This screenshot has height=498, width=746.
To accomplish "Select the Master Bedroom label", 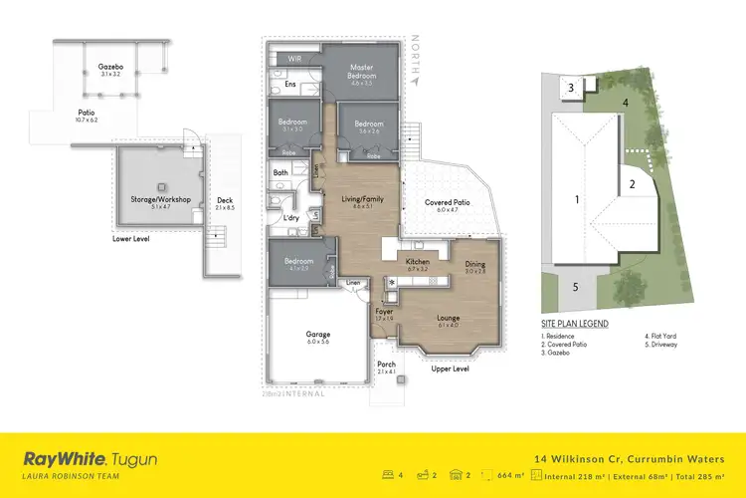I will (361, 73).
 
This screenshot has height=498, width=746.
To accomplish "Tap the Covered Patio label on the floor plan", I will (448, 202).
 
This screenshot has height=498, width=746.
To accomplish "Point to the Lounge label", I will (448, 318).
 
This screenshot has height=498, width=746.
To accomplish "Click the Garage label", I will (318, 335).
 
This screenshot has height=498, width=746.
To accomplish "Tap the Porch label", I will (387, 365).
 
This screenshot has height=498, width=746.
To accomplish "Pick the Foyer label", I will (385, 311).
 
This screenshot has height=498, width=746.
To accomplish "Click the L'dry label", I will (291, 217).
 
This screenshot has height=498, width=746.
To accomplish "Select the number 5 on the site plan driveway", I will (575, 287).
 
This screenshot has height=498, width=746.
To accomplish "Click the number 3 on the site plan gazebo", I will (571, 89).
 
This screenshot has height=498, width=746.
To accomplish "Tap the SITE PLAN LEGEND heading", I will (575, 324).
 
